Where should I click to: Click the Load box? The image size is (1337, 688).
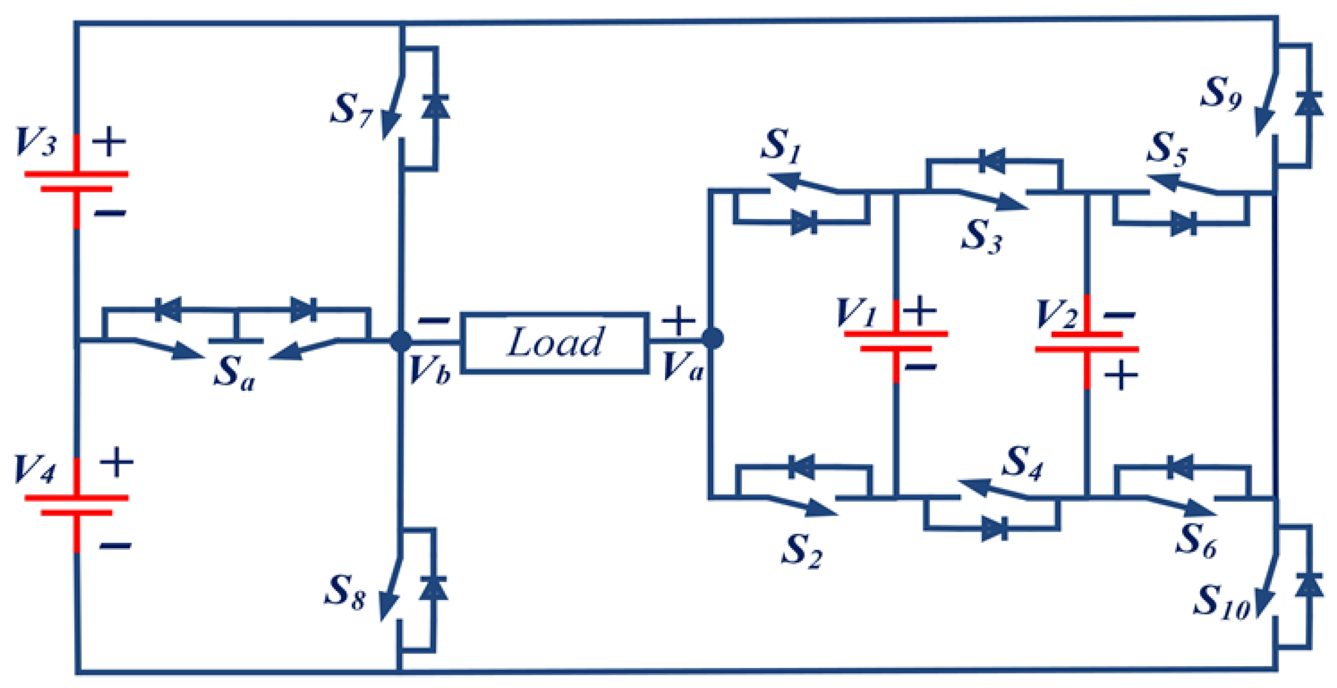coord(555,342)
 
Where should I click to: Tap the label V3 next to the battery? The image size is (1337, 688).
coord(36,142)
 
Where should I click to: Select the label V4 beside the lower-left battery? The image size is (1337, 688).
coord(34,470)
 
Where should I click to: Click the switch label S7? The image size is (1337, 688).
coord(351,110)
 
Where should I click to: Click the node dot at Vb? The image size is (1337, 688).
coord(401,341)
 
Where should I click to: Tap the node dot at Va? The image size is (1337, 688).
coord(712,338)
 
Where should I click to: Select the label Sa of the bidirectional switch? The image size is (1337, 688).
coord(234,373)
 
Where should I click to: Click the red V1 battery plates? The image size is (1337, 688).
coord(896,341)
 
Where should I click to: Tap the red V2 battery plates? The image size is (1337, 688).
coord(1087,342)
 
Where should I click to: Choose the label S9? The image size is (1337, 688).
coord(1220,93)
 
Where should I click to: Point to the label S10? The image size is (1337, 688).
coord(1222,603)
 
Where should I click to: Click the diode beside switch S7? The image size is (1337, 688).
coord(436,107)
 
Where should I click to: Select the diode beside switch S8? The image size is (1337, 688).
coord(434,588)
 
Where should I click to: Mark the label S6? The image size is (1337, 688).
coord(1196,541)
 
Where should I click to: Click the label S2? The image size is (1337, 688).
coord(801,551)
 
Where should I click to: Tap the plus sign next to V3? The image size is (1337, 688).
coord(109,142)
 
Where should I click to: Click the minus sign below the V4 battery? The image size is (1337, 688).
coord(115,545)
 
